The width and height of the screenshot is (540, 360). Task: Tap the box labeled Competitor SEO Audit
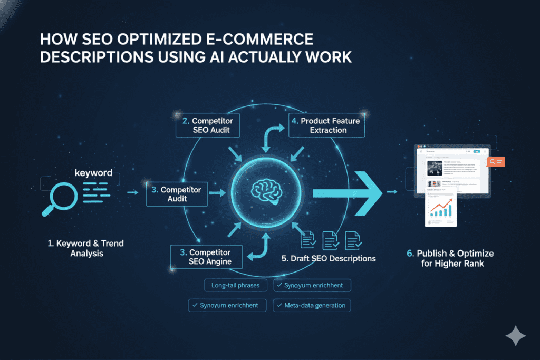coord(207,125)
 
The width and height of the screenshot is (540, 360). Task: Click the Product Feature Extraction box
coord(327,125)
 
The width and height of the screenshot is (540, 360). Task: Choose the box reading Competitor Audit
coord(177,194)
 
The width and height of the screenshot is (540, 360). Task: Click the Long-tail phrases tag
coord(236,285)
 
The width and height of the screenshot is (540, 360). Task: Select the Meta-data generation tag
coord(311,305)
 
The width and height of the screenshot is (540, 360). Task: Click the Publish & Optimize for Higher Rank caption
coord(450,258)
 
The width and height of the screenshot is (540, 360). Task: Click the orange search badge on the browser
coord(496,162)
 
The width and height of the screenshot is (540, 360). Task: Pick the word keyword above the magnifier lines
coord(94,172)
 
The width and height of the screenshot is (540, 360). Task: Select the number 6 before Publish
coord(410,254)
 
